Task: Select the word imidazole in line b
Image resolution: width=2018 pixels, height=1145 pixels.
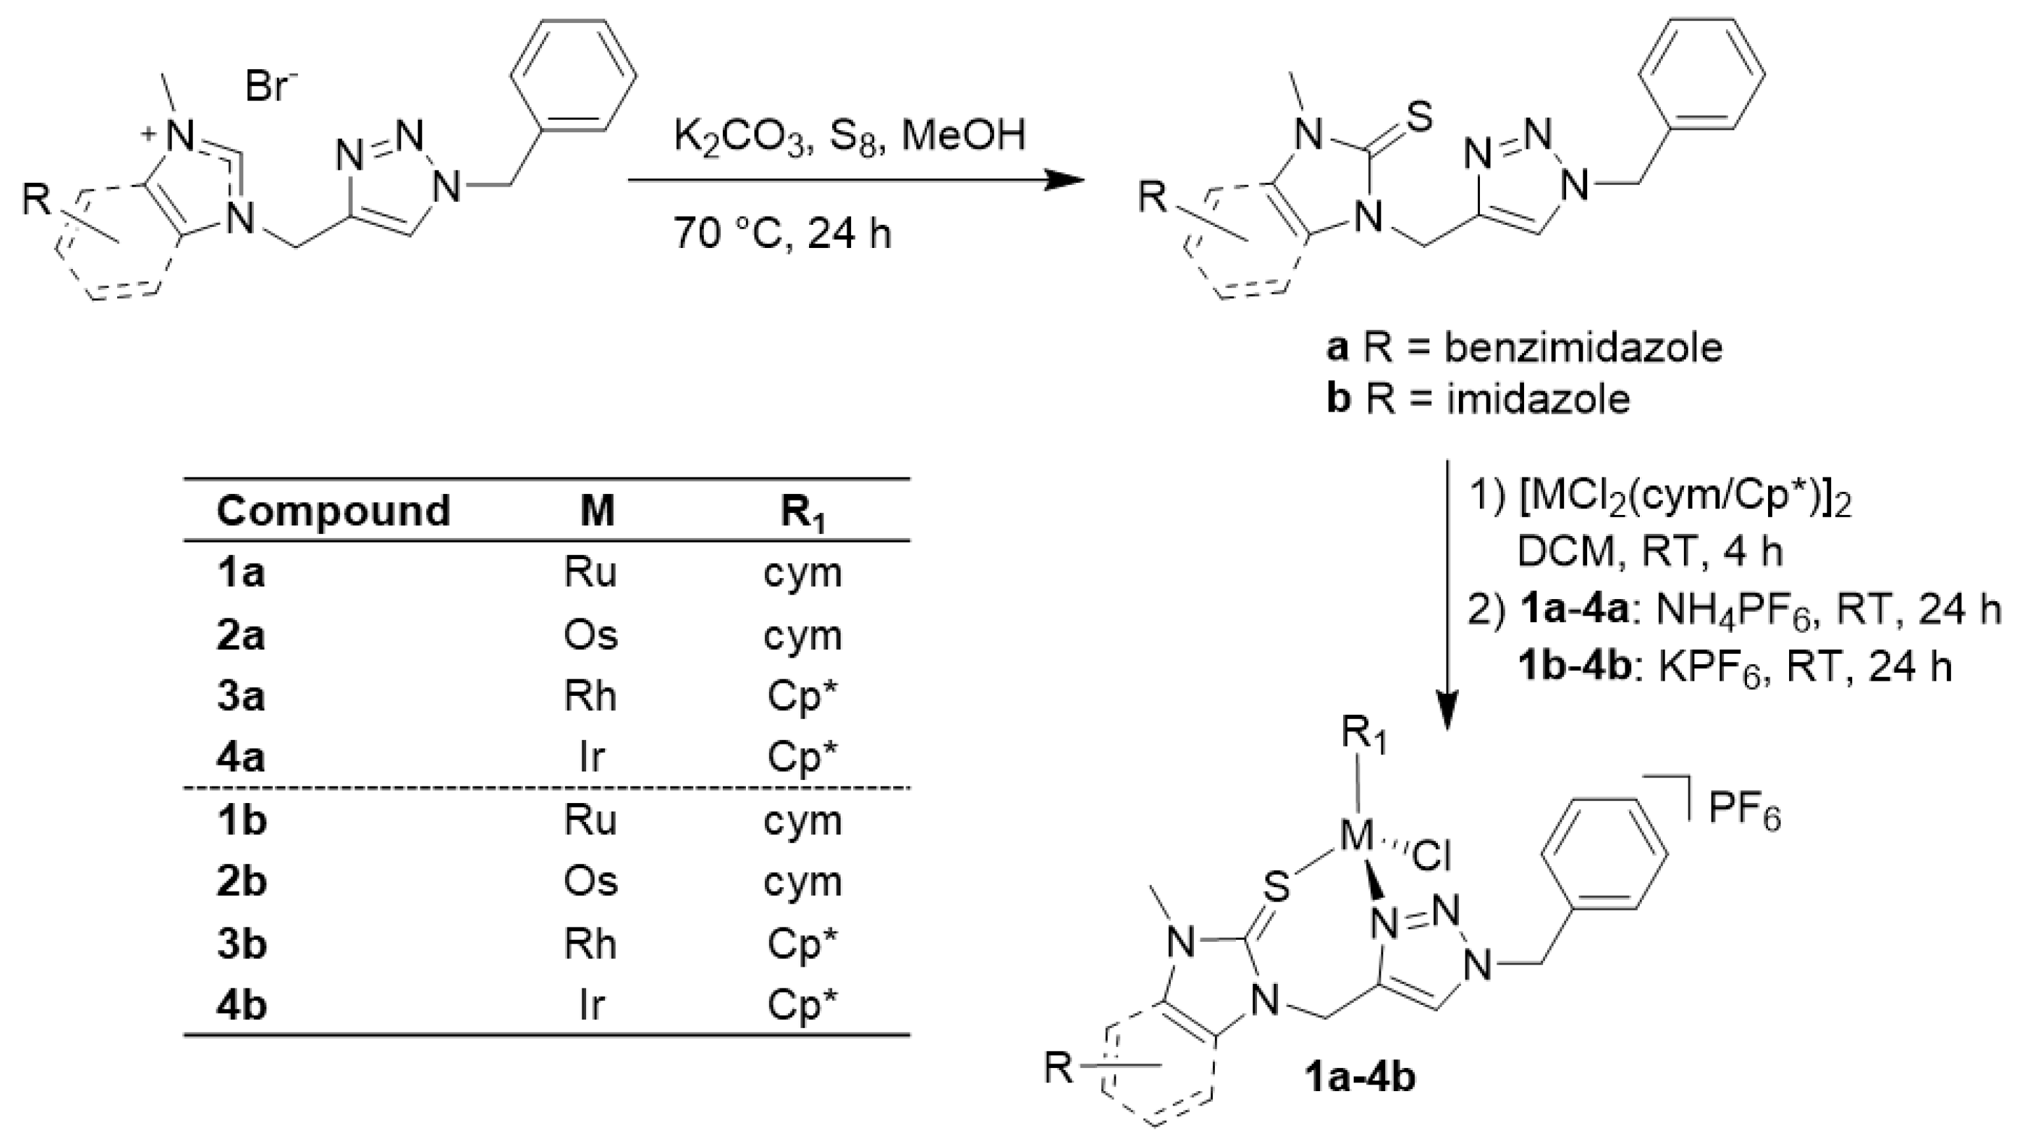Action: coord(1537,399)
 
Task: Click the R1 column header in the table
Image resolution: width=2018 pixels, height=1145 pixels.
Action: coord(803,513)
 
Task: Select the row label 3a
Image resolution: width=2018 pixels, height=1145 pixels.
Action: coord(241,696)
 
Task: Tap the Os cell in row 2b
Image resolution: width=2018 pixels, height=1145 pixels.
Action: coord(591,881)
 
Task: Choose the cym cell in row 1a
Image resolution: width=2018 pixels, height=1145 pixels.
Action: coord(802,574)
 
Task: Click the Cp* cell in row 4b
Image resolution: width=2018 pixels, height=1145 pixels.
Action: coord(802,1005)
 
